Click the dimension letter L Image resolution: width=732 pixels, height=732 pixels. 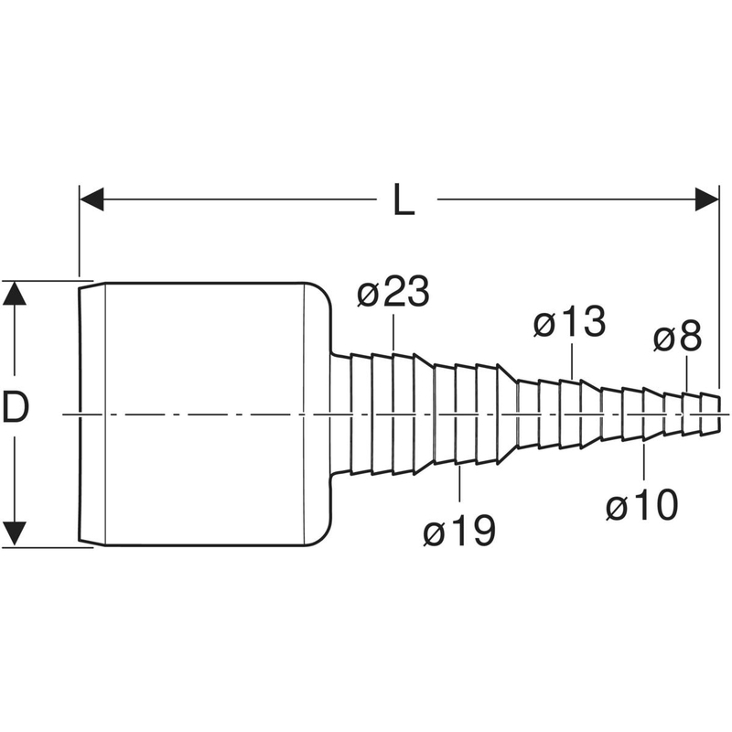[x=404, y=199]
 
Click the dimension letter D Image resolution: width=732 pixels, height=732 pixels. [x=16, y=408]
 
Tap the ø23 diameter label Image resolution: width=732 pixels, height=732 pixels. [x=393, y=294]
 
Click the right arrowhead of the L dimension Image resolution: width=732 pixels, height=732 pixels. [x=706, y=199]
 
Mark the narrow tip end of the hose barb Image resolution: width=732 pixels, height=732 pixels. [x=714, y=414]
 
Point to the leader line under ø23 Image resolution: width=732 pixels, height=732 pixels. [x=393, y=333]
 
